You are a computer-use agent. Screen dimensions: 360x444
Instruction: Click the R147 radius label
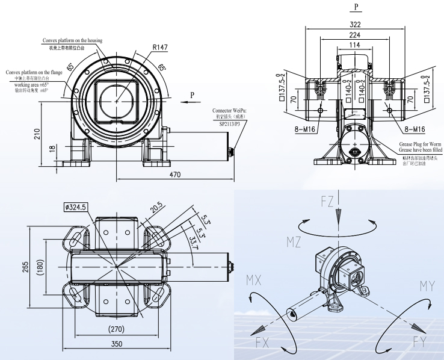click(x=160, y=47)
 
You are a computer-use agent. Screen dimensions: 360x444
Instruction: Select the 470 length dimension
click(x=175, y=174)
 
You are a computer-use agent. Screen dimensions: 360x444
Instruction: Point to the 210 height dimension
click(x=37, y=133)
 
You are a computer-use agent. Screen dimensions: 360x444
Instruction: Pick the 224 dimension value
click(x=354, y=35)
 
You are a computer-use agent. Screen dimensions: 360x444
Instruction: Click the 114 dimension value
click(x=354, y=46)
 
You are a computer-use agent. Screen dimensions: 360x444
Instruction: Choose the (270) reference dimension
click(x=116, y=329)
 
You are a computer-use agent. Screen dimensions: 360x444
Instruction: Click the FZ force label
click(x=327, y=202)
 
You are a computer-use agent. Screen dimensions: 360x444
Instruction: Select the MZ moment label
click(x=293, y=242)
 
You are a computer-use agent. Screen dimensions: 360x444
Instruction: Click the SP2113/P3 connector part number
click(x=230, y=123)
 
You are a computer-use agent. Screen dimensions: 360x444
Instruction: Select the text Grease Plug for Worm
click(x=421, y=145)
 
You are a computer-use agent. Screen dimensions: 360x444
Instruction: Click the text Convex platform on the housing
click(x=72, y=40)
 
